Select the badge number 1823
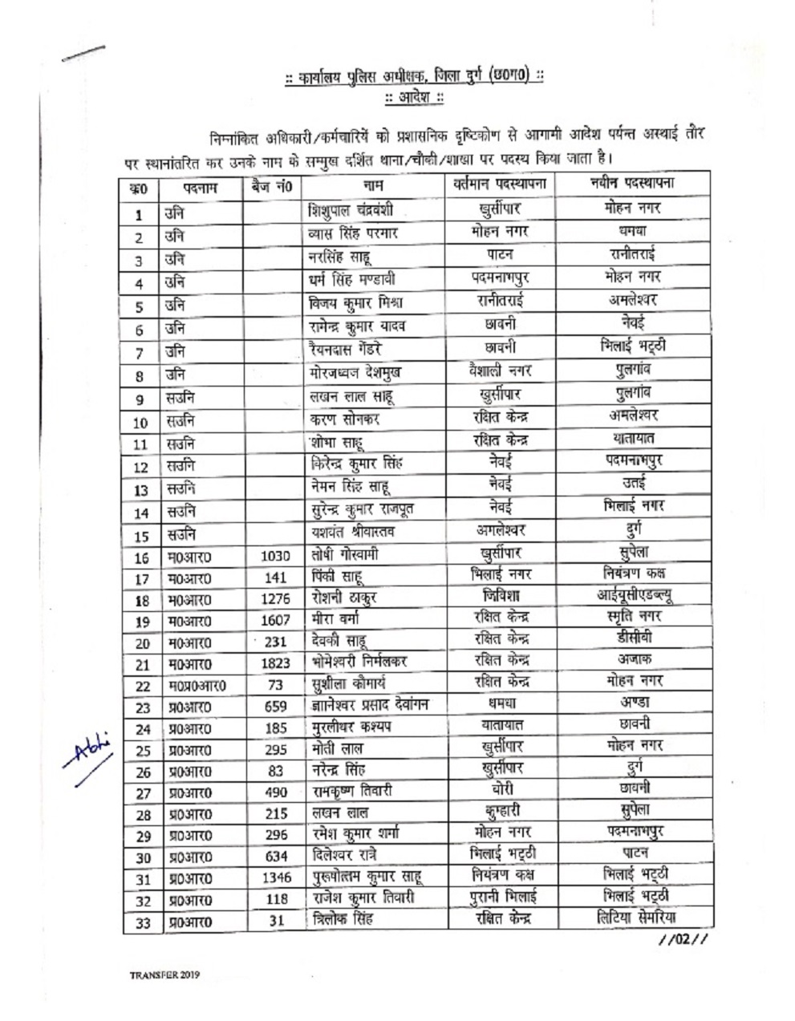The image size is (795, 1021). [x=275, y=663]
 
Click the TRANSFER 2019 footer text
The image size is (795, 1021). [x=164, y=975]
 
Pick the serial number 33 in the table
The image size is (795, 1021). [x=142, y=922]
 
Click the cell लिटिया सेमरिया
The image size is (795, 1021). [x=634, y=918]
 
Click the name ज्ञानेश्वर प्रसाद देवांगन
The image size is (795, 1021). [x=369, y=705]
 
